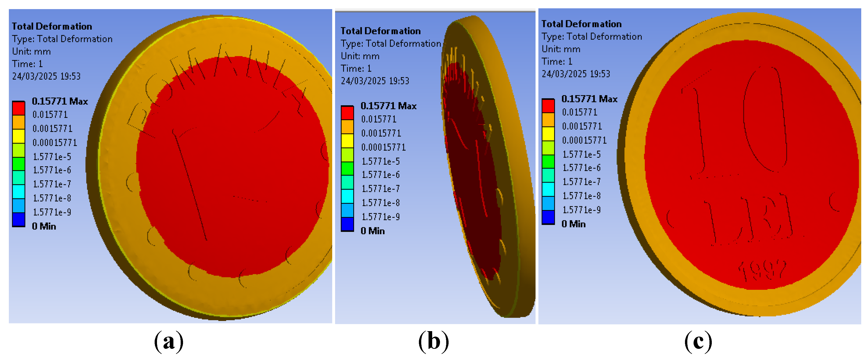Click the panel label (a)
coord(168,342)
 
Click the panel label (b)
coord(434,342)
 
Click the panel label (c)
coord(698,342)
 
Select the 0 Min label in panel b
coord(372,231)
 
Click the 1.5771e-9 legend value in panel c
coord(581,210)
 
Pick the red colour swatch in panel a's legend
coord(18,108)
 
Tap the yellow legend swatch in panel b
coord(347,141)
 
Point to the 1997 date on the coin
coord(762,271)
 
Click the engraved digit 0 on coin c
coord(765,120)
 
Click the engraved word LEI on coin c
coord(748,219)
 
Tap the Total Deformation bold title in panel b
coord(380,31)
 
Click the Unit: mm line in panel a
coord(31,52)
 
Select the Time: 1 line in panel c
coord(556,61)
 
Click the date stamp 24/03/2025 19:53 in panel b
coord(375,81)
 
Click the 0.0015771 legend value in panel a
coord(52,129)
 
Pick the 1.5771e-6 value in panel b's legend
coord(380,175)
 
